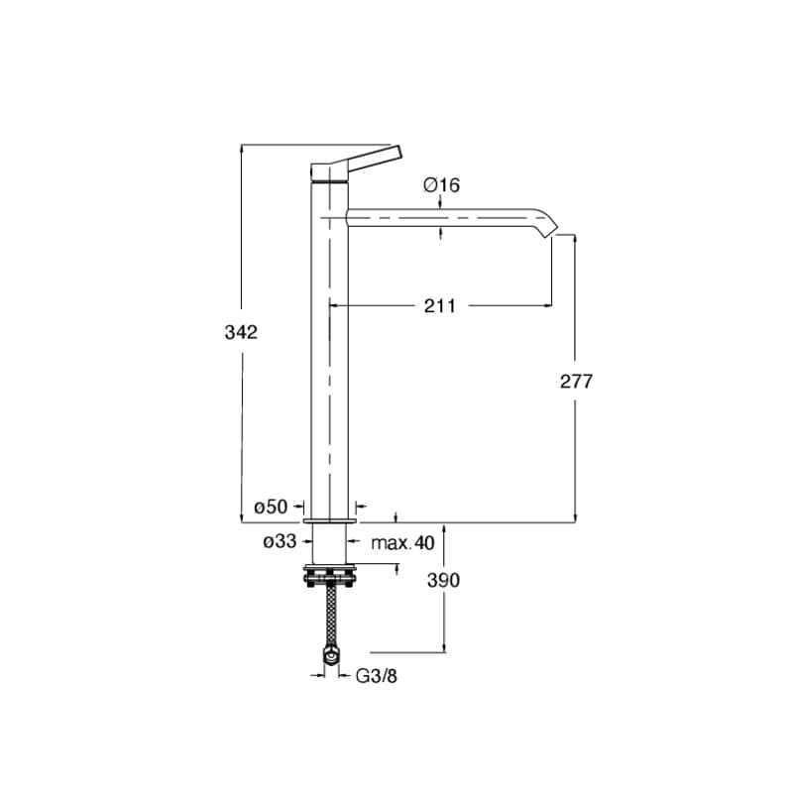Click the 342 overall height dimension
[x=241, y=332]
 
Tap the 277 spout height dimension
[x=576, y=382]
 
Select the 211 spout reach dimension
[x=439, y=306]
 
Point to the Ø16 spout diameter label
[x=441, y=185]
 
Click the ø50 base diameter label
[x=271, y=507]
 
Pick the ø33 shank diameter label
[x=280, y=541]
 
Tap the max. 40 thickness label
[x=402, y=543]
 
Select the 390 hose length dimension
[x=443, y=580]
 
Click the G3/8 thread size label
[x=377, y=676]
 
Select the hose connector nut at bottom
[x=331, y=657]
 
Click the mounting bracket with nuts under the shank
[x=329, y=576]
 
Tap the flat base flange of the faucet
[x=329, y=521]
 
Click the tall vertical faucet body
[x=329, y=349]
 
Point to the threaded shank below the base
[x=329, y=543]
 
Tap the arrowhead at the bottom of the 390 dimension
[x=444, y=648]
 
